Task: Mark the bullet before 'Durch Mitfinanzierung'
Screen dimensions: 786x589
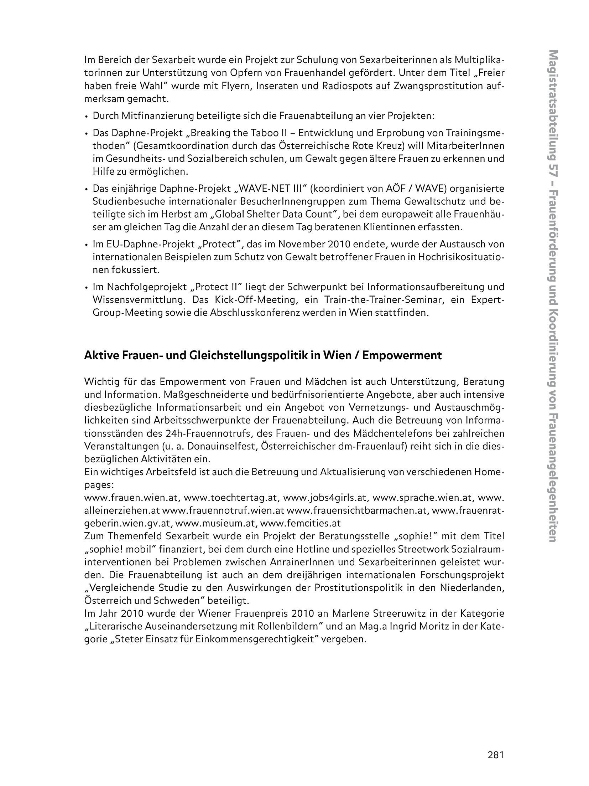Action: pyautogui.click(x=87, y=117)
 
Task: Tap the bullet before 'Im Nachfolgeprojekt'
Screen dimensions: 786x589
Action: pyautogui.click(x=87, y=287)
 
